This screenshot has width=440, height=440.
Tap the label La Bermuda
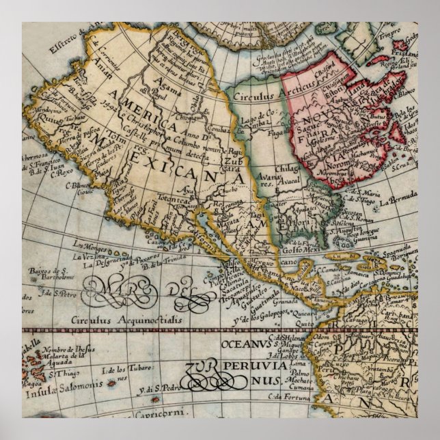[398, 200]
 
